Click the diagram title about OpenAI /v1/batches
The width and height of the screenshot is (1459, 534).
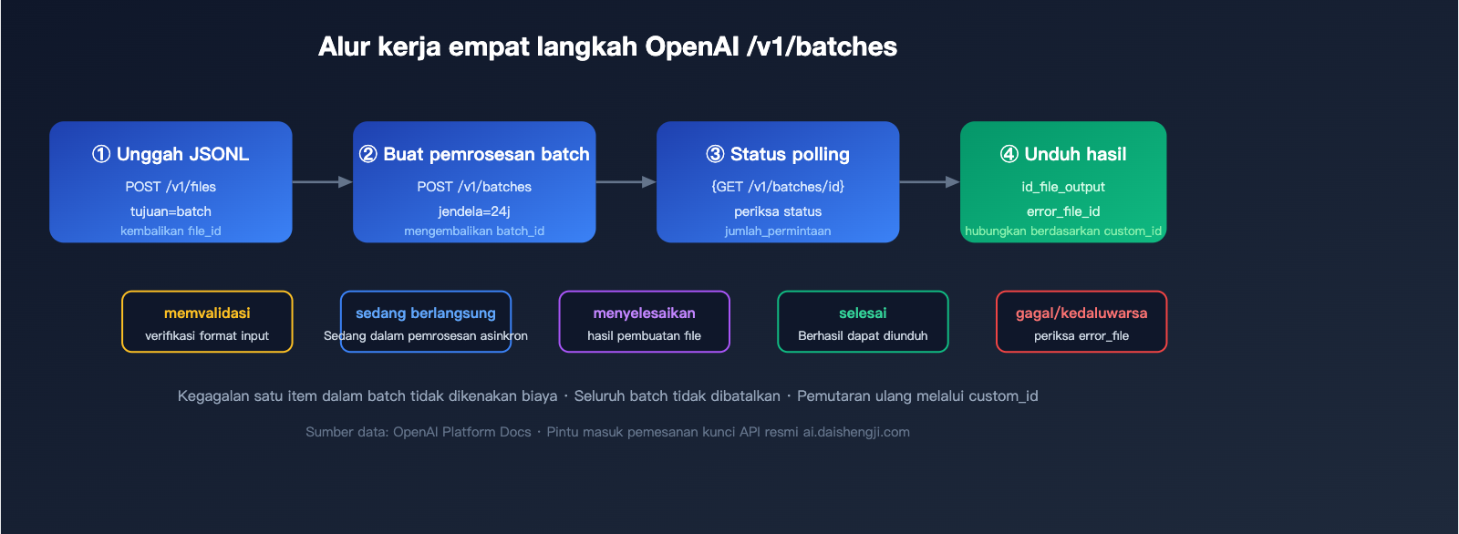[x=607, y=46]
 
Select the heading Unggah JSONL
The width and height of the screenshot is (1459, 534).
[x=171, y=154]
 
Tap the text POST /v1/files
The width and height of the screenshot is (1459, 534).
[x=171, y=187]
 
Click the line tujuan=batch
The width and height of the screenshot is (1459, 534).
[x=171, y=211]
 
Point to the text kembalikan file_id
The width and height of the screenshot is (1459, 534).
[x=171, y=231]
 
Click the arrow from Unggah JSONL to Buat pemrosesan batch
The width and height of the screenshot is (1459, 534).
[x=322, y=182]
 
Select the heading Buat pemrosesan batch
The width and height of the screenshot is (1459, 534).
[x=474, y=154]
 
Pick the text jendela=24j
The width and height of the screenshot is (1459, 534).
[x=474, y=211]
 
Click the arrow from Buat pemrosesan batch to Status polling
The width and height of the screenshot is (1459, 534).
[x=626, y=182]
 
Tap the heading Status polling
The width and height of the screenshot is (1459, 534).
[x=778, y=154]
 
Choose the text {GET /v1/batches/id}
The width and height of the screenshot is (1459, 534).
[x=778, y=187]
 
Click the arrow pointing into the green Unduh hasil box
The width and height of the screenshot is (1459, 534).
[x=929, y=182]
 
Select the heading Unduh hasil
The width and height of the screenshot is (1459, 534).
[x=1063, y=154]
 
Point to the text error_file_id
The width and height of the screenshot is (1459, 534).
[x=1063, y=211]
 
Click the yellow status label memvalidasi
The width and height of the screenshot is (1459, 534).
[x=207, y=313]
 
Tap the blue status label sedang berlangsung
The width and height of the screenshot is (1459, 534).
[x=426, y=313]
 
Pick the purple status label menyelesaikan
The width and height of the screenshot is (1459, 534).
[x=644, y=313]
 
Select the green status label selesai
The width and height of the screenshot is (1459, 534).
[x=863, y=313]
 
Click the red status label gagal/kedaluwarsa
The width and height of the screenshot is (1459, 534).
[x=1081, y=313]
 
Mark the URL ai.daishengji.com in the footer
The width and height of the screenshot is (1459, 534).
[x=856, y=432]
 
